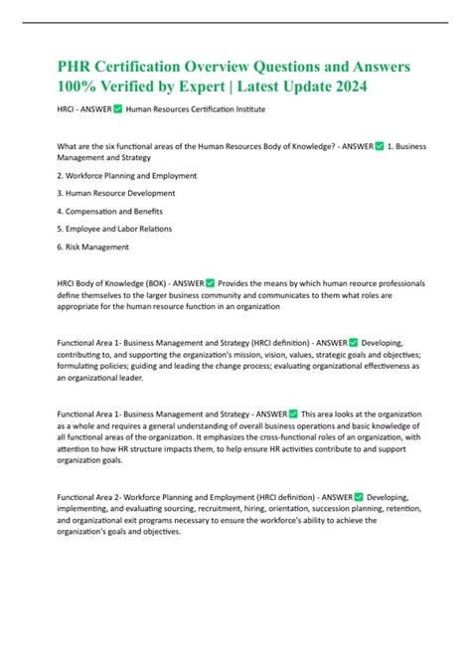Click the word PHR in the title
(x=76, y=67)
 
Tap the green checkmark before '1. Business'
(x=380, y=146)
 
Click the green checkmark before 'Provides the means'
(x=209, y=281)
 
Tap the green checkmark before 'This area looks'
(x=293, y=413)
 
